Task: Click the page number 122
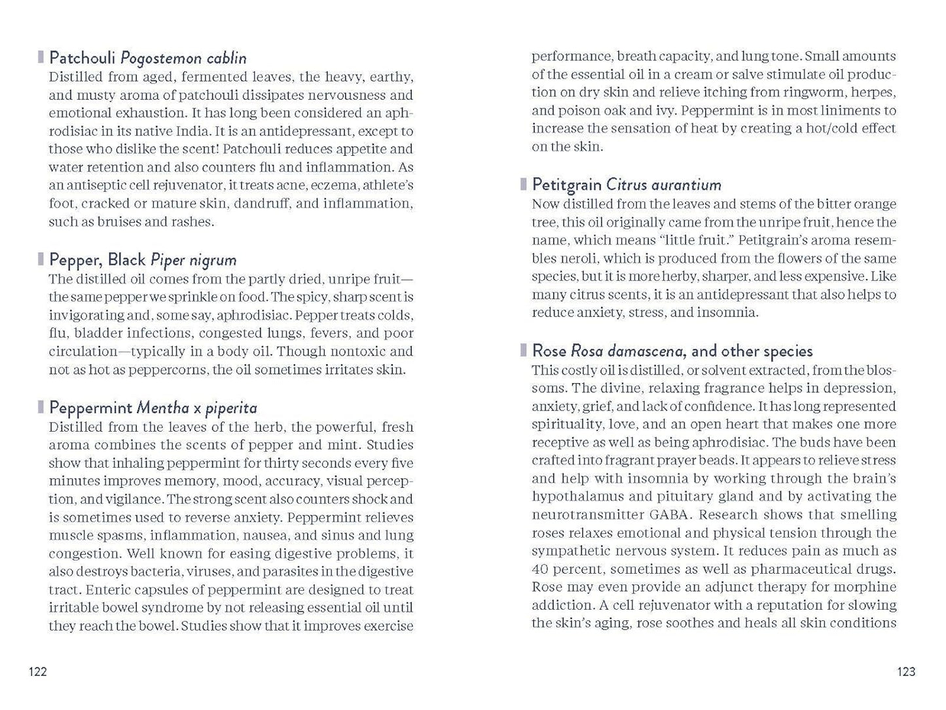point(38,671)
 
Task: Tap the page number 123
point(906,671)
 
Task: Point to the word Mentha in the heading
point(162,408)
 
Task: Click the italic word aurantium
point(682,185)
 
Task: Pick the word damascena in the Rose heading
point(648,351)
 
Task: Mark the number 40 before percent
point(540,569)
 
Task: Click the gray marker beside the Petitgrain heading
point(524,185)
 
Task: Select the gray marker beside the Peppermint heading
point(41,408)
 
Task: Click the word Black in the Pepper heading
point(127,260)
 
